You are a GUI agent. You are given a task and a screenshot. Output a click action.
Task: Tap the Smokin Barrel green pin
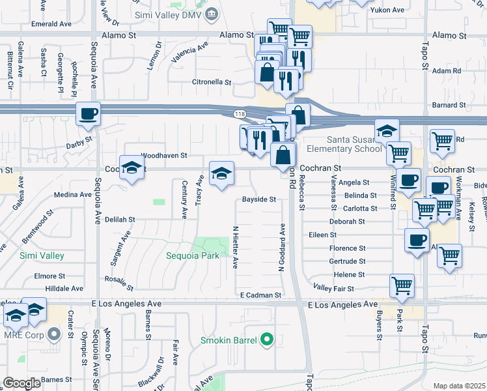pyautogui.click(x=266, y=340)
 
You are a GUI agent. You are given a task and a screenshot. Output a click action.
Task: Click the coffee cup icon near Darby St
pyautogui.click(x=89, y=115)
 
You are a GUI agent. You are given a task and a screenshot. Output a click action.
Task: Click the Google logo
pyautogui.click(x=21, y=383)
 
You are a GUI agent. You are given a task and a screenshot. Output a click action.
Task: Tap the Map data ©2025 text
pyautogui.click(x=459, y=386)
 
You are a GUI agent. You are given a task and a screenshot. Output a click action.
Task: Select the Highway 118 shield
pyautogui.click(x=240, y=114)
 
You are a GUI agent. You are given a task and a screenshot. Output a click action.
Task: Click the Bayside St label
pyautogui.click(x=259, y=199)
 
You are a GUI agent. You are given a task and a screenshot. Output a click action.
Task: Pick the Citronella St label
pyautogui.click(x=211, y=83)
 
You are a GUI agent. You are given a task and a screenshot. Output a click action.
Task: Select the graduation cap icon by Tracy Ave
pyautogui.click(x=221, y=174)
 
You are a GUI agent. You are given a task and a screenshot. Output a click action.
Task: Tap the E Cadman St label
pyautogui.click(x=260, y=295)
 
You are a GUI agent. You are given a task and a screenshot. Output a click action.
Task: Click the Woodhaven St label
pyautogui.click(x=164, y=156)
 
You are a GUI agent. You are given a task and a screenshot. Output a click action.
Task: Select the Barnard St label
pyautogui.click(x=449, y=104)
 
